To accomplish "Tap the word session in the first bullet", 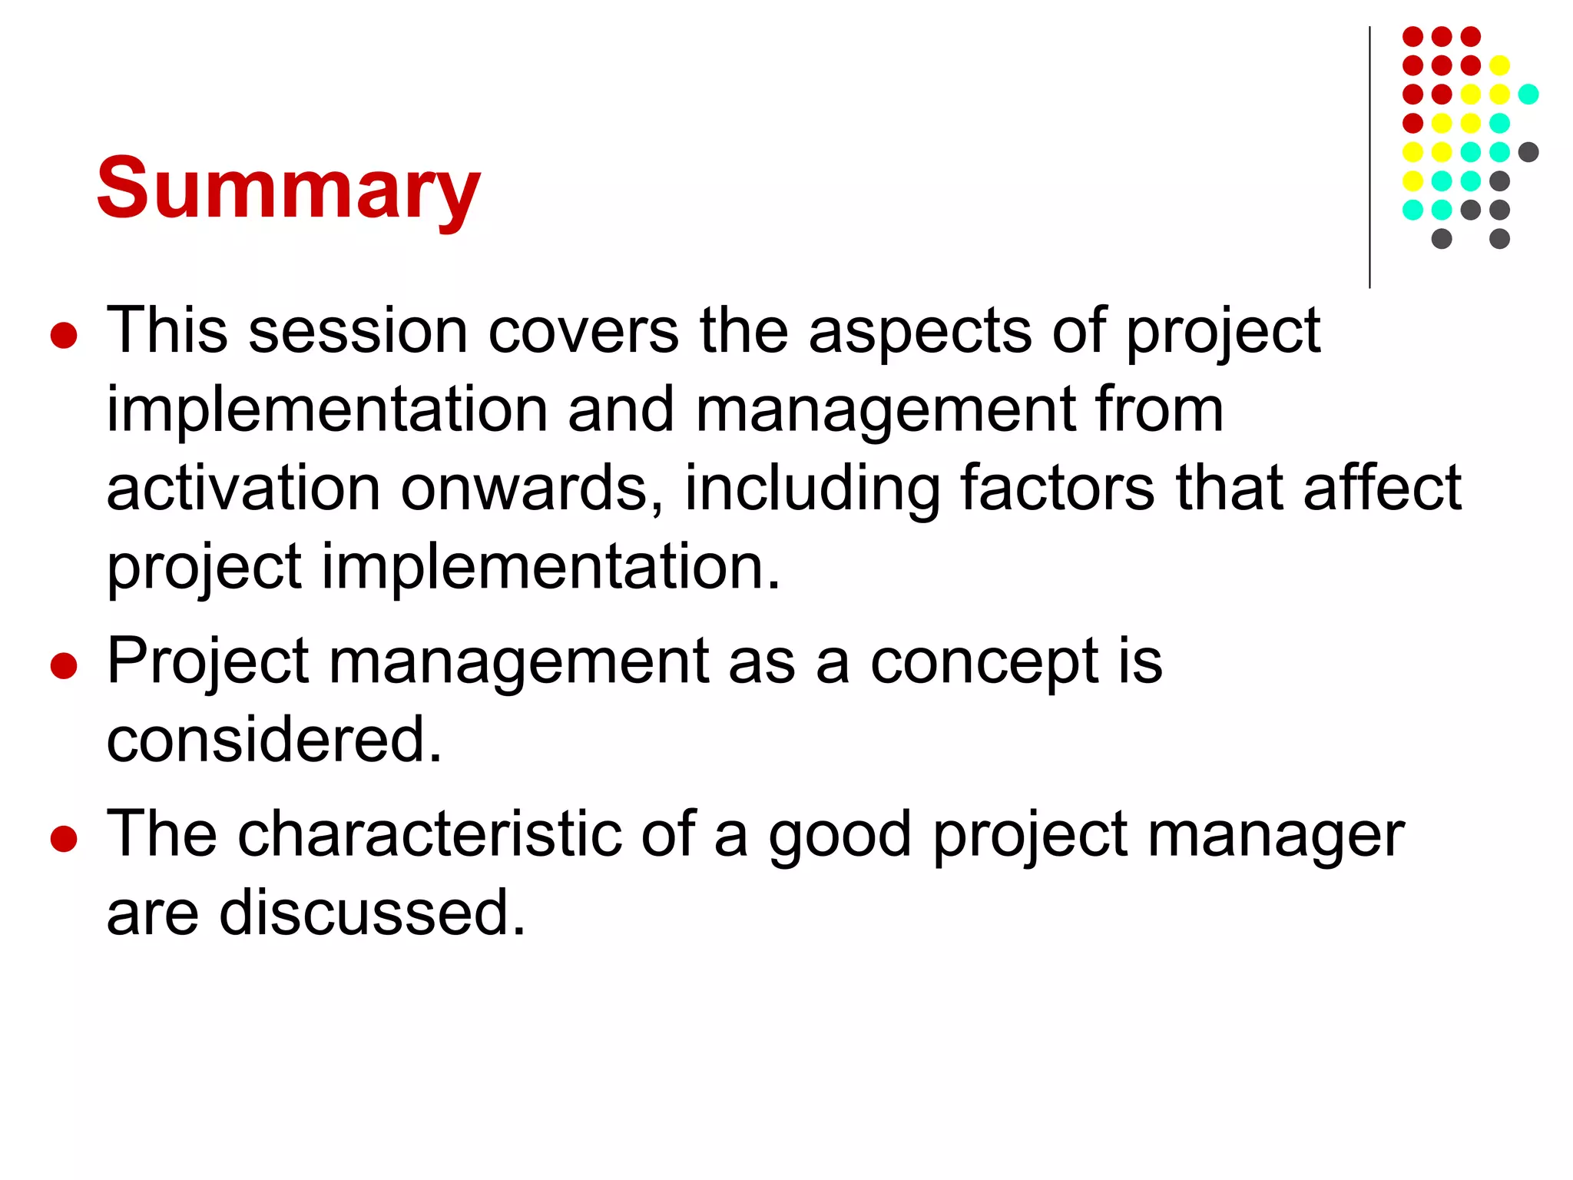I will pos(358,332).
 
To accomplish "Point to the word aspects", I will pos(919,332).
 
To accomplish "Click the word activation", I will pos(243,489).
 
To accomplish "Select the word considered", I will pos(274,740).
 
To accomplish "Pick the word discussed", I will pos(373,913).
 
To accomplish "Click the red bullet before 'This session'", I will pos(64,336).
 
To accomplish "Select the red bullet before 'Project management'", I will pos(64,665).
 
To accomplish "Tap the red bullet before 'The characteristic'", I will pos(64,839).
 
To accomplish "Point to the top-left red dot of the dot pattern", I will pos(1413,36).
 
